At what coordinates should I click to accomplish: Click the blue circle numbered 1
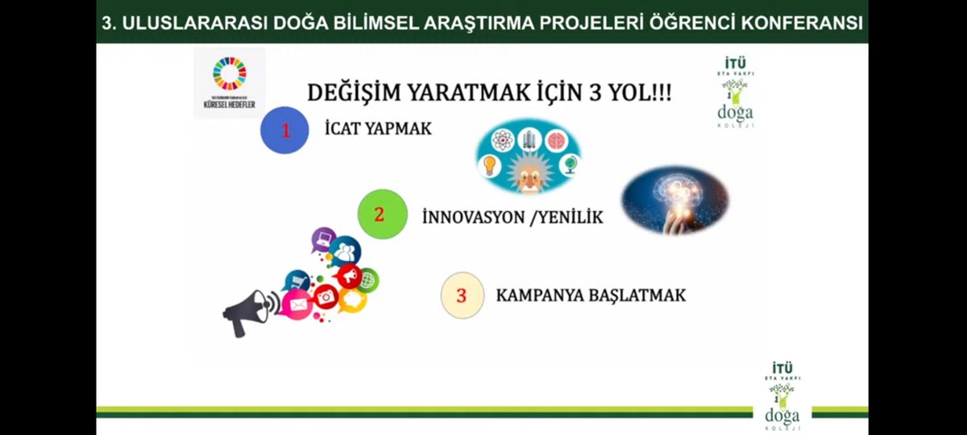coord(284,130)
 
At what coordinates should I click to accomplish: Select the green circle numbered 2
coord(380,214)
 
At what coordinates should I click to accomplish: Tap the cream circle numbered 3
coord(462,295)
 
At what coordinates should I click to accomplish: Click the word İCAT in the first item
coord(345,129)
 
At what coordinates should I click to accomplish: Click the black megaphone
coord(248,311)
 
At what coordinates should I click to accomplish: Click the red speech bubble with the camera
coord(326,296)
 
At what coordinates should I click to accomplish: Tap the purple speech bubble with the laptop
coord(324,238)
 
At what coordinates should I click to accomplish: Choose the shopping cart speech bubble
coord(297,280)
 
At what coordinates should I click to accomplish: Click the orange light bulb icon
coord(489,166)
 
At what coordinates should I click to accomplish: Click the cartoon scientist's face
coord(528,176)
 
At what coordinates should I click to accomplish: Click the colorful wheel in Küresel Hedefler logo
coord(230,72)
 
